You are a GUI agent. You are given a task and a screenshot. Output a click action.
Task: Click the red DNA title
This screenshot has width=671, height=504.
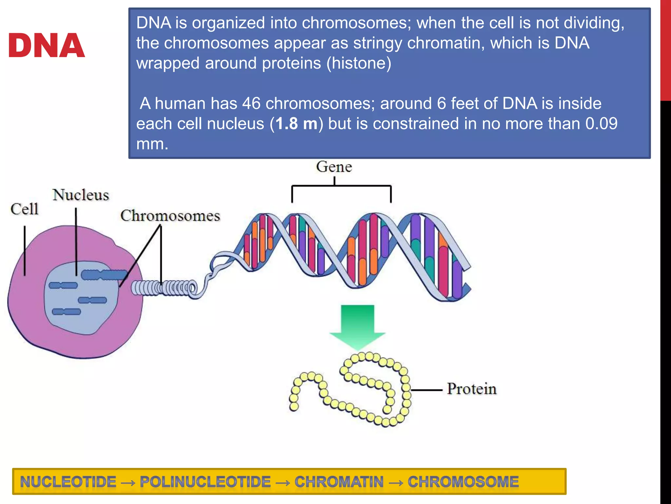(x=46, y=46)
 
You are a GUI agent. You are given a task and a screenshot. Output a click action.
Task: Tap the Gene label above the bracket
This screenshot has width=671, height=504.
(x=334, y=167)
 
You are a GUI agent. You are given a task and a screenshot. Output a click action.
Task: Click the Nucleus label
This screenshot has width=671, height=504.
(x=81, y=195)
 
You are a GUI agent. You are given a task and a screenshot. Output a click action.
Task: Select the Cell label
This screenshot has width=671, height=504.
(x=25, y=209)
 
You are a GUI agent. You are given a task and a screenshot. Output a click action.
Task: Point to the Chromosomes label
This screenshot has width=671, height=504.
(x=170, y=216)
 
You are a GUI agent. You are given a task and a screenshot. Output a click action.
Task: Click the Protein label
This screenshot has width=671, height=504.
(x=471, y=389)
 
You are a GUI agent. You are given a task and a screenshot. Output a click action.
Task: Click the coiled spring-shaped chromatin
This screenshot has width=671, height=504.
(x=164, y=288)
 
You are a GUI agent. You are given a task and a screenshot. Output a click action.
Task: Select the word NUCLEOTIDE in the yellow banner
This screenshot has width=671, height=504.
(x=68, y=482)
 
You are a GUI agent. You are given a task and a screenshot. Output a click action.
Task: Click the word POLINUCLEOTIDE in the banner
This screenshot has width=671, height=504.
(x=205, y=482)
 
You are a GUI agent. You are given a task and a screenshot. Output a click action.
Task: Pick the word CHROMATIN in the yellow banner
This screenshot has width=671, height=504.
(x=339, y=482)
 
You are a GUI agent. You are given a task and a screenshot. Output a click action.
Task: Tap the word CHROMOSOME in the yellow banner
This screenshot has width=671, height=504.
(x=463, y=482)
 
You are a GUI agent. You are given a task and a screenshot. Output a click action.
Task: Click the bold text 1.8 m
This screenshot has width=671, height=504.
(x=297, y=124)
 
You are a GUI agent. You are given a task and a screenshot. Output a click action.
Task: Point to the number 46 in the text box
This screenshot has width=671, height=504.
(x=251, y=103)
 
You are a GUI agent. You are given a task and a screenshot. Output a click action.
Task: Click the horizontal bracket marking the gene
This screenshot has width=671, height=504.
(x=341, y=186)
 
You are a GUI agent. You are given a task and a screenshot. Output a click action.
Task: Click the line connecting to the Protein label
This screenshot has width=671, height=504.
(x=427, y=390)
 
